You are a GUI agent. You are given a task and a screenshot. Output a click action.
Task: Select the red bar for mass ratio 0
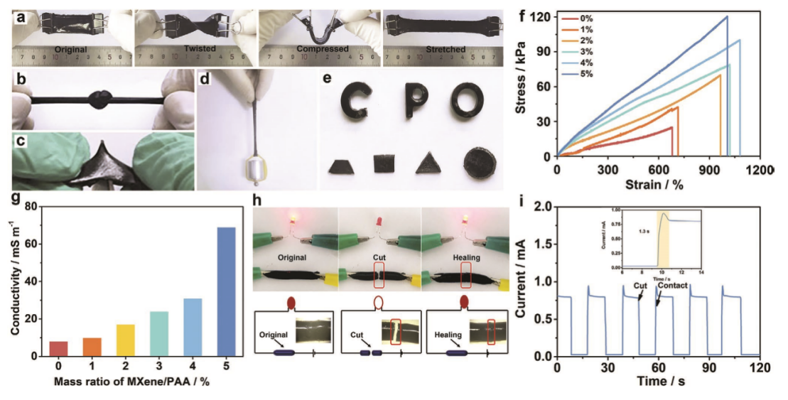coord(59,348)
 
